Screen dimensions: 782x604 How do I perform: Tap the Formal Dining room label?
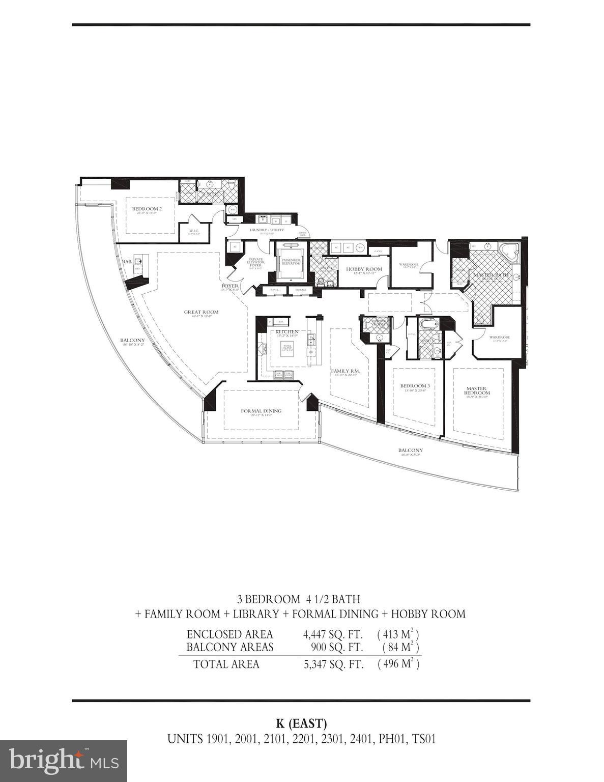click(261, 411)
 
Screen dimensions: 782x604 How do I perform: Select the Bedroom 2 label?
click(147, 209)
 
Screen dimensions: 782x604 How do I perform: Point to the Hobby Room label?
click(364, 269)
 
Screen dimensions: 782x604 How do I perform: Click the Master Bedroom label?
click(477, 390)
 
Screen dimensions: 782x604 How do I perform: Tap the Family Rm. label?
click(346, 371)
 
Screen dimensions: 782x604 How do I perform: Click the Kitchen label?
click(287, 331)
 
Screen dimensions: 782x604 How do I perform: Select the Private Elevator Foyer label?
click(255, 262)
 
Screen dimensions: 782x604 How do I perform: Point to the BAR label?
click(127, 262)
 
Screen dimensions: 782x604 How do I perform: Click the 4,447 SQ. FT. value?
click(333, 634)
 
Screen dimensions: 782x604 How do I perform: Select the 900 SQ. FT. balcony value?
click(337, 647)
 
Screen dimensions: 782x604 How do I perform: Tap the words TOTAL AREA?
click(226, 664)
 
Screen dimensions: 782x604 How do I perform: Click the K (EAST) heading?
click(301, 723)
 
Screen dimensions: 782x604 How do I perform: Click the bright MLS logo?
click(64, 761)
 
